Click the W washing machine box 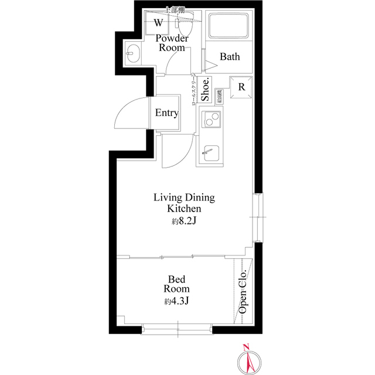point(159,23)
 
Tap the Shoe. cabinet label point(206,91)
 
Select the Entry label point(166,113)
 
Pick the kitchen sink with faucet point(209,154)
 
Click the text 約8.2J point(184,221)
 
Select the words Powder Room point(172,43)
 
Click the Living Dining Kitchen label point(184,203)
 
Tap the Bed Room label point(176,284)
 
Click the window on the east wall point(258,217)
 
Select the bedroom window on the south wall point(176,330)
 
